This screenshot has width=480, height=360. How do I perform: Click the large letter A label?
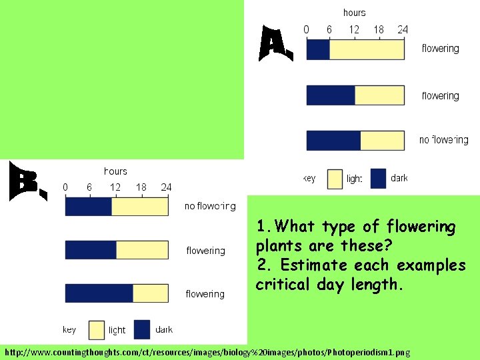click(275, 44)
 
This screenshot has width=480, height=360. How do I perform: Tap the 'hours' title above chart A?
click(354, 13)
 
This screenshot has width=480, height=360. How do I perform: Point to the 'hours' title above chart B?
click(115, 171)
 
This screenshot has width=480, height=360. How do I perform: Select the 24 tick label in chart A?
click(403, 29)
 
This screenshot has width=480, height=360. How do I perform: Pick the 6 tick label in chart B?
click(89, 187)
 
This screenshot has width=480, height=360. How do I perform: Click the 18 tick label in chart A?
click(379, 29)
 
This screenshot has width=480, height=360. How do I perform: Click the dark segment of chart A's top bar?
click(318, 49)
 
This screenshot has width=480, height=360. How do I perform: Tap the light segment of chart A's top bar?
click(367, 49)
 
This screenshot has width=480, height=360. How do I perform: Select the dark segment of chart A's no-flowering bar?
click(333, 140)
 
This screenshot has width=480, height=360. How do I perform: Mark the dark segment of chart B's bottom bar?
click(99, 293)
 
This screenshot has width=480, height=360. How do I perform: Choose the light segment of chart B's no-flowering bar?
click(140, 207)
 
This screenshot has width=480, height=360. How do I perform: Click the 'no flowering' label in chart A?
click(444, 140)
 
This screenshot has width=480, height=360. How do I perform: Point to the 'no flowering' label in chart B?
click(210, 206)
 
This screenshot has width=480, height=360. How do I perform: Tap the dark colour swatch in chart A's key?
click(378, 178)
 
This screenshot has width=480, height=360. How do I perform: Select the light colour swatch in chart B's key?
click(97, 329)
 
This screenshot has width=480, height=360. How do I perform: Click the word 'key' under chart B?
click(69, 329)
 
